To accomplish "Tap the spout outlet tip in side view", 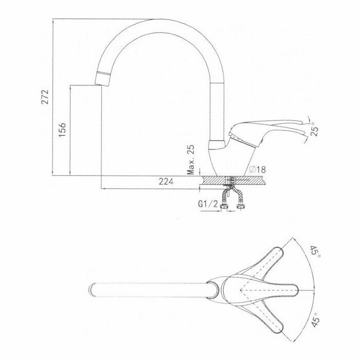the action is pos(101,80).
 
